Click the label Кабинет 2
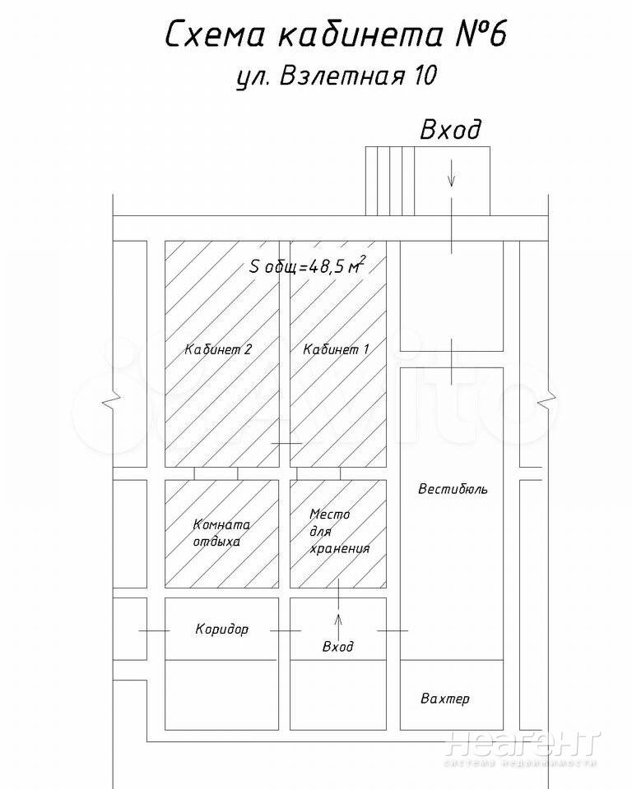[x=217, y=349]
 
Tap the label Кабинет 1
[x=336, y=349]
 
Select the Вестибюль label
[x=453, y=490]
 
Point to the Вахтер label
[x=444, y=699]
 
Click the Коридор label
[x=221, y=630]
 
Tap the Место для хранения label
[x=338, y=532]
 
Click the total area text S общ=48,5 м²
[x=307, y=265]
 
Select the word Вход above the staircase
[x=450, y=131]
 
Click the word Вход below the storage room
[x=338, y=647]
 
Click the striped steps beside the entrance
[x=388, y=181]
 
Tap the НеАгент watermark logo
[x=521, y=745]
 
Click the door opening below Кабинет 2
[x=216, y=473]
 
